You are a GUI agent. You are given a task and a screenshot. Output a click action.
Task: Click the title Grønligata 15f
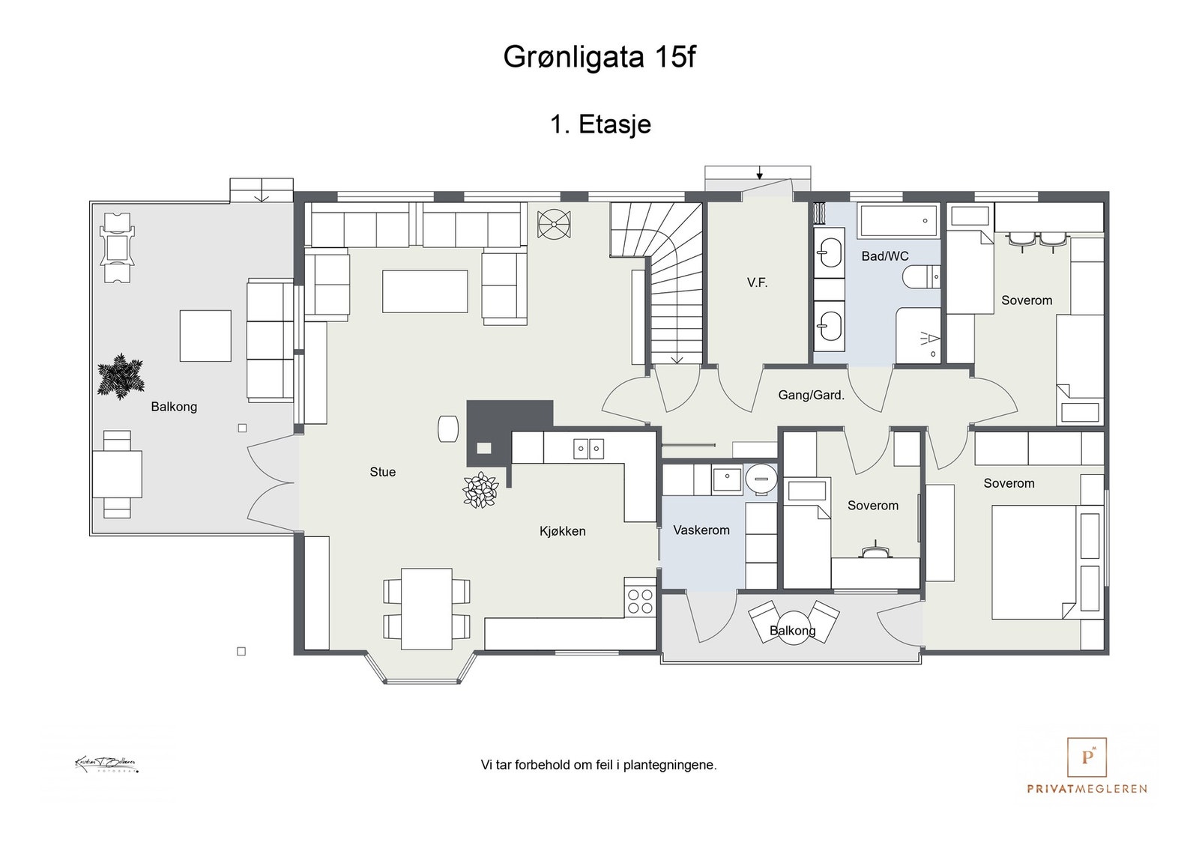click(x=599, y=58)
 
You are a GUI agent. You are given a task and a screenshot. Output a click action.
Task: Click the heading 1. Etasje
click(x=600, y=124)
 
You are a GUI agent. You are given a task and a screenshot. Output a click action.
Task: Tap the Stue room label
click(x=382, y=472)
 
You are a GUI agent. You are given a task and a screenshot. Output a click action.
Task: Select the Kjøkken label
click(x=562, y=531)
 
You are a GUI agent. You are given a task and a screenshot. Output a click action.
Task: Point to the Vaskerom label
click(x=701, y=530)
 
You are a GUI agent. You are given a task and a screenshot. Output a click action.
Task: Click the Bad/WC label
click(x=884, y=256)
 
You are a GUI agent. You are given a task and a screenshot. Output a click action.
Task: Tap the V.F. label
click(x=757, y=282)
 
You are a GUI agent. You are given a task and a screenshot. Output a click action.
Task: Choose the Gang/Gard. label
click(x=811, y=395)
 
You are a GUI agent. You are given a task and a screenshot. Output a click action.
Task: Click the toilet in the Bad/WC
click(x=921, y=278)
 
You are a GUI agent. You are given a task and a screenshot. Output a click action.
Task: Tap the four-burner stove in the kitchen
click(x=640, y=601)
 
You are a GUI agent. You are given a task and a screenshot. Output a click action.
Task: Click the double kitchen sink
click(x=588, y=449)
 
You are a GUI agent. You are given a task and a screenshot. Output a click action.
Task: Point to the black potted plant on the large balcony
click(x=120, y=376)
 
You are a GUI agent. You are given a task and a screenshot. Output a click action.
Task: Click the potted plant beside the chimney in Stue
click(x=480, y=491)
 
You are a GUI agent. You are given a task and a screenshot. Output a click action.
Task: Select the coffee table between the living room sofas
click(x=425, y=291)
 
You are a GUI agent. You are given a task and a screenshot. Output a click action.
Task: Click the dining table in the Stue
click(x=426, y=609)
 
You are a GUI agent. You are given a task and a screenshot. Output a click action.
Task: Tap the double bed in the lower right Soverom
click(x=1038, y=562)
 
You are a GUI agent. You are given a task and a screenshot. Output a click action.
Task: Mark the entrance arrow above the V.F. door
click(x=759, y=175)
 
